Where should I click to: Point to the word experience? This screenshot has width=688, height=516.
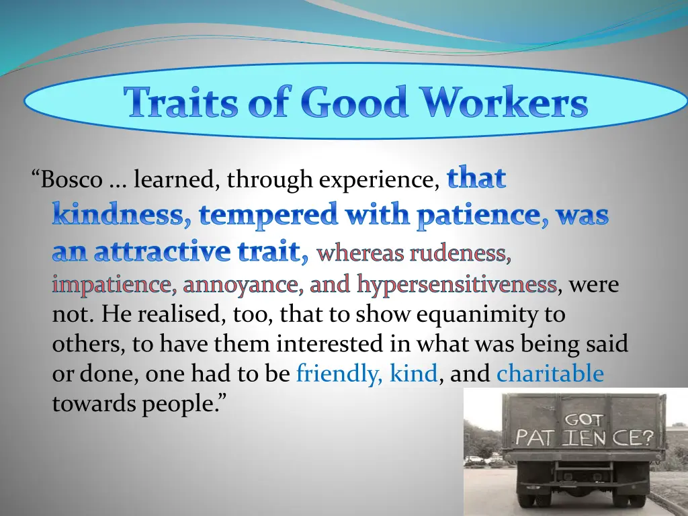point(380,180)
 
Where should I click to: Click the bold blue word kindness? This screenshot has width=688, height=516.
point(116,215)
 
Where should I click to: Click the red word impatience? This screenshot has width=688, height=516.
point(112,285)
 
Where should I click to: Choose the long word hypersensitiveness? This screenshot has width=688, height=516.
point(457,285)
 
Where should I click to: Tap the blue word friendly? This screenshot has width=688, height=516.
point(339,374)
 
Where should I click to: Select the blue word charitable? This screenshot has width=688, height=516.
point(550,374)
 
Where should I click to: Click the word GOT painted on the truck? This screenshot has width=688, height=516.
point(583,420)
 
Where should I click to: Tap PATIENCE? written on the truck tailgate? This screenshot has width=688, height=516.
point(584,439)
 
